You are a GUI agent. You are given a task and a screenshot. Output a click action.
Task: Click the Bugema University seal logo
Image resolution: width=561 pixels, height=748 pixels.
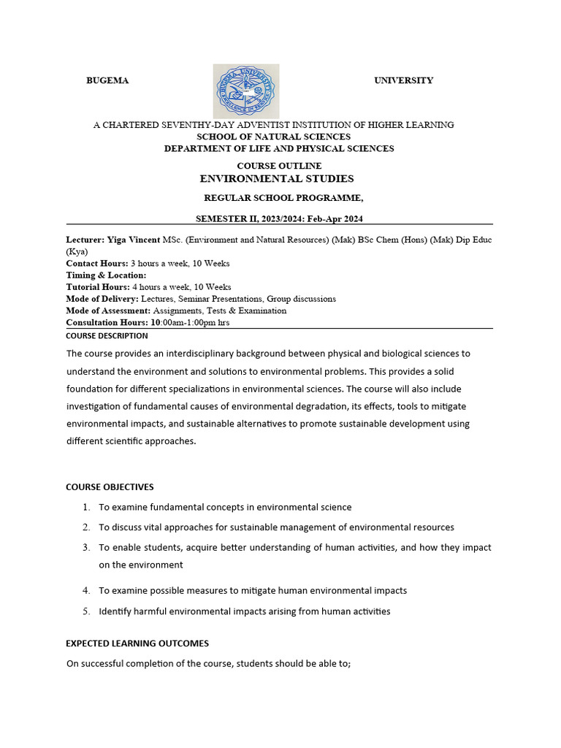(245, 91)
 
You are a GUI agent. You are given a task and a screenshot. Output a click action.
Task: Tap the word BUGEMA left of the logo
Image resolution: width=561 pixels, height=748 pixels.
(107, 81)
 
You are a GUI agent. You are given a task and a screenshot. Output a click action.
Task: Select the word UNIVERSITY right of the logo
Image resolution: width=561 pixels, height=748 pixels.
(403, 80)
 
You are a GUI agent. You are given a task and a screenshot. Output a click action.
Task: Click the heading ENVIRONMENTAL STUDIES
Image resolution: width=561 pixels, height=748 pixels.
(277, 178)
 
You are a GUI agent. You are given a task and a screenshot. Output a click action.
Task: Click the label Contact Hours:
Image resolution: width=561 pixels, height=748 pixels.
(97, 263)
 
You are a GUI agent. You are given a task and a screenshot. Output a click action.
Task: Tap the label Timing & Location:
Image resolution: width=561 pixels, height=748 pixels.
(106, 275)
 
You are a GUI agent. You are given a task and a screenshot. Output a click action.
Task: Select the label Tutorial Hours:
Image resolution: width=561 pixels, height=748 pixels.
(98, 287)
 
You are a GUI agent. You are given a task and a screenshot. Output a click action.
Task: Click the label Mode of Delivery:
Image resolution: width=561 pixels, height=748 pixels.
(102, 299)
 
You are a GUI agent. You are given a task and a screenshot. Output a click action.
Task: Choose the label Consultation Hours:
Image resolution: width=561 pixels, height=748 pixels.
(107, 322)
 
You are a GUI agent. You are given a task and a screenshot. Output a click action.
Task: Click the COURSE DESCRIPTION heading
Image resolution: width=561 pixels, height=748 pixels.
(107, 336)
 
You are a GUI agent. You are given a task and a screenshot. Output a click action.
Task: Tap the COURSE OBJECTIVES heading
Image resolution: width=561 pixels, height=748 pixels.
(110, 487)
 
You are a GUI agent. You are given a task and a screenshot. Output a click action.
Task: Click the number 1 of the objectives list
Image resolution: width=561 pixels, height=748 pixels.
(85, 507)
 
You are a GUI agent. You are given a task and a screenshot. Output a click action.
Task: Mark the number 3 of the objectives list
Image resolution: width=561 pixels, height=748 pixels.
(85, 547)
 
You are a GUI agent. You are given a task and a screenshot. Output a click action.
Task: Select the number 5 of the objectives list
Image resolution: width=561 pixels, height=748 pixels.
(85, 611)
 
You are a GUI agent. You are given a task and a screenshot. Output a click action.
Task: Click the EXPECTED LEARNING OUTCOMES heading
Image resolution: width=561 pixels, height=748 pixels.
(137, 644)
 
